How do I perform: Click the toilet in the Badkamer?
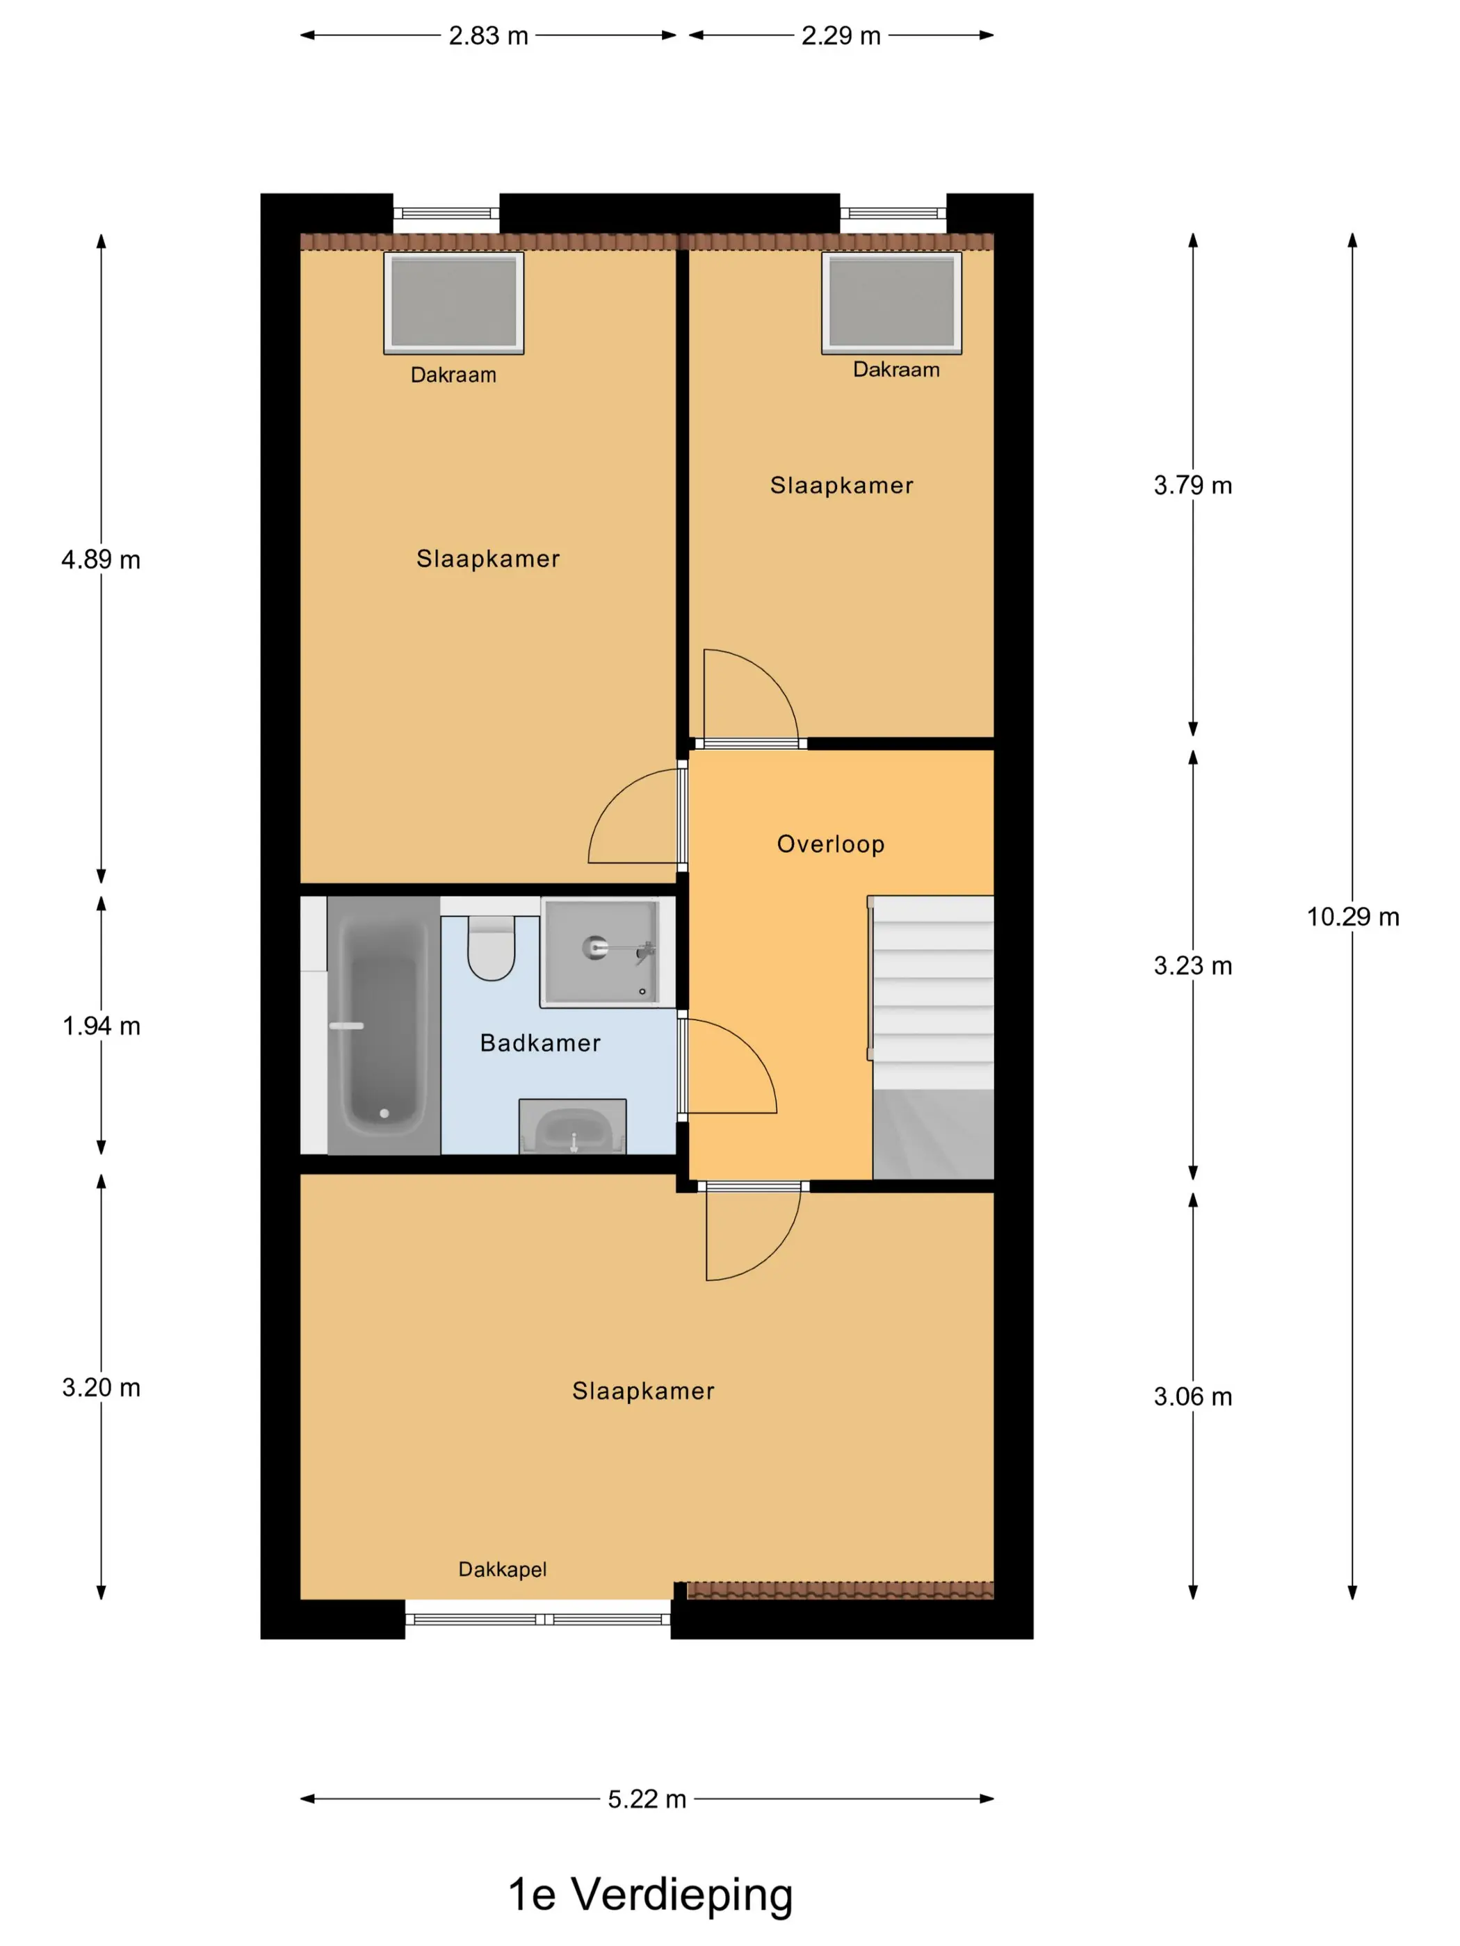[491, 947]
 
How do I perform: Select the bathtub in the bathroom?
[384, 1025]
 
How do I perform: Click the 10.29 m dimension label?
[1353, 917]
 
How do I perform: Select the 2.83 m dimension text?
[489, 36]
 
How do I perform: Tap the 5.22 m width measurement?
[647, 1799]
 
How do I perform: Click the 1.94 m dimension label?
[102, 1026]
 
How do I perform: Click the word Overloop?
[831, 844]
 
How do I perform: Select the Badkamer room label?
[540, 1043]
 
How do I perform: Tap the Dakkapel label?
[503, 1569]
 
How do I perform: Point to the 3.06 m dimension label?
[1192, 1396]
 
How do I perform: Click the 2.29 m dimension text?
[841, 36]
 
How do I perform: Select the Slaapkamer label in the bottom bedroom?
[643, 1391]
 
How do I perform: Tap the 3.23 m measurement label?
[1192, 966]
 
